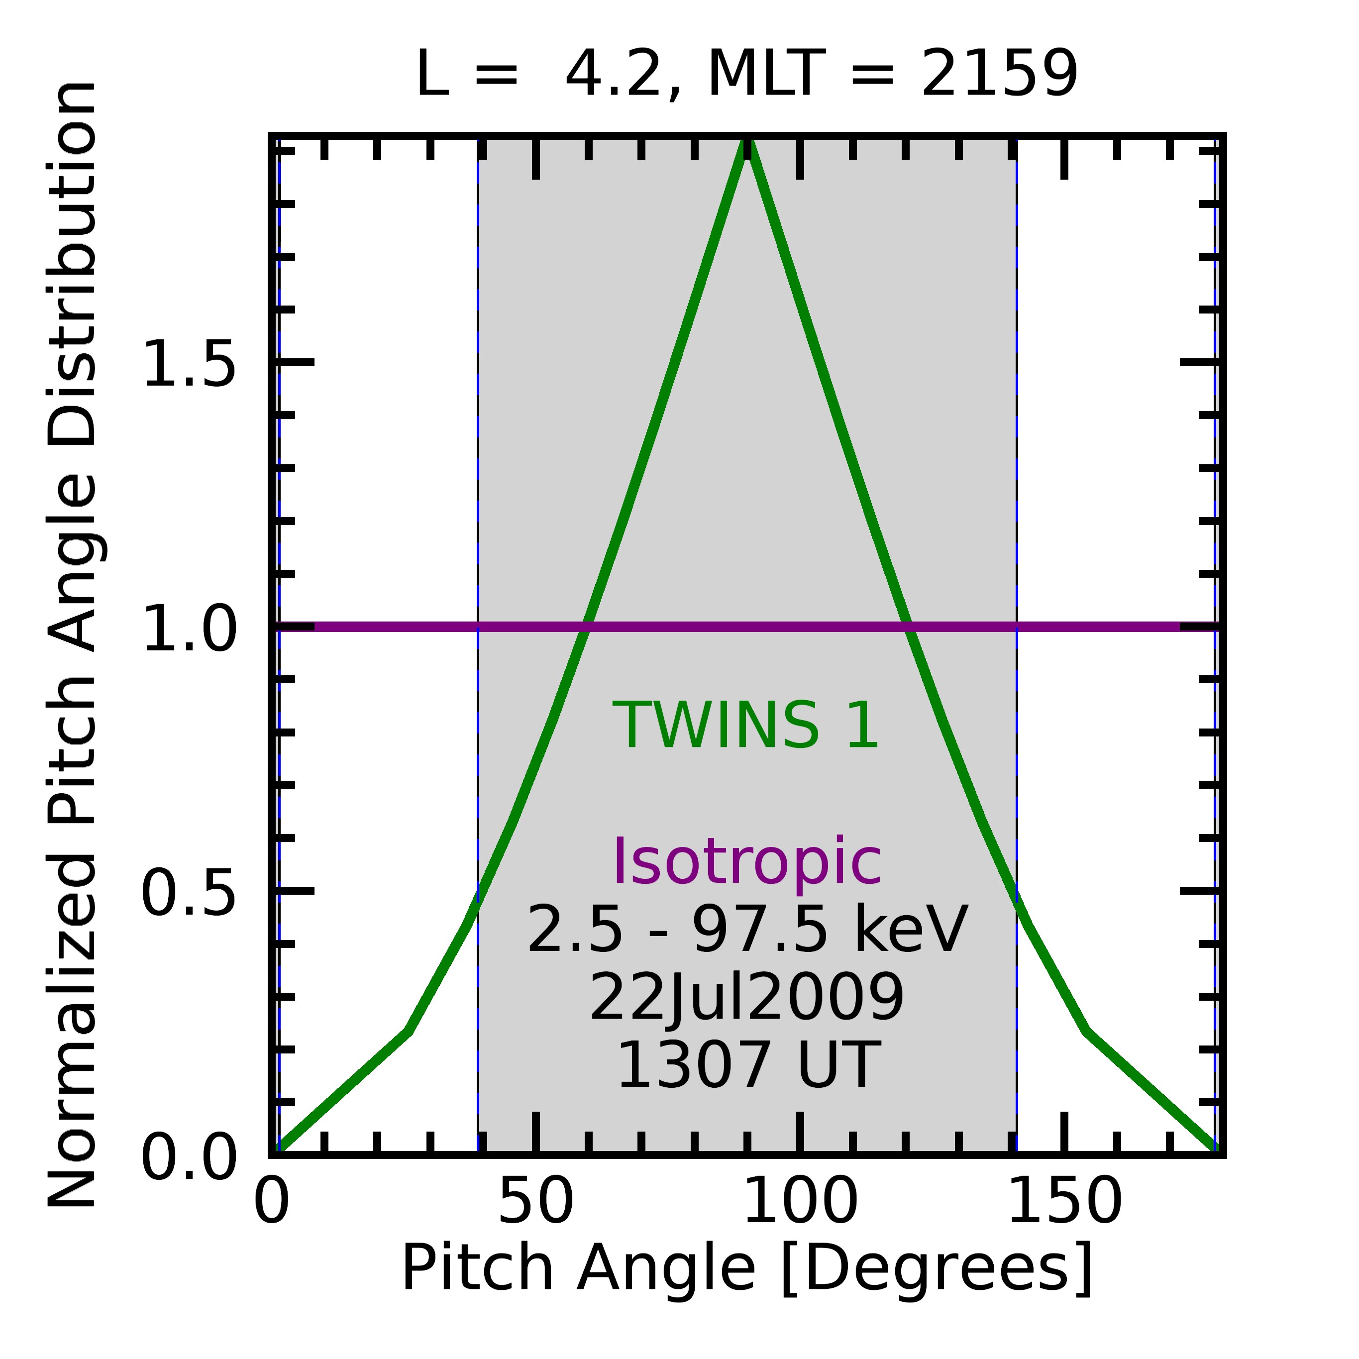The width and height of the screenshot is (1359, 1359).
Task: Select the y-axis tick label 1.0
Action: click(189, 628)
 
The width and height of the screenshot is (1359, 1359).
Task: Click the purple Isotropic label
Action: click(747, 863)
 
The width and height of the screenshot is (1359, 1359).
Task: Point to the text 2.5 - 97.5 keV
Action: click(747, 930)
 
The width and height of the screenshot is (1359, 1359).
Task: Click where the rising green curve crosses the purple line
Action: click(585, 626)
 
